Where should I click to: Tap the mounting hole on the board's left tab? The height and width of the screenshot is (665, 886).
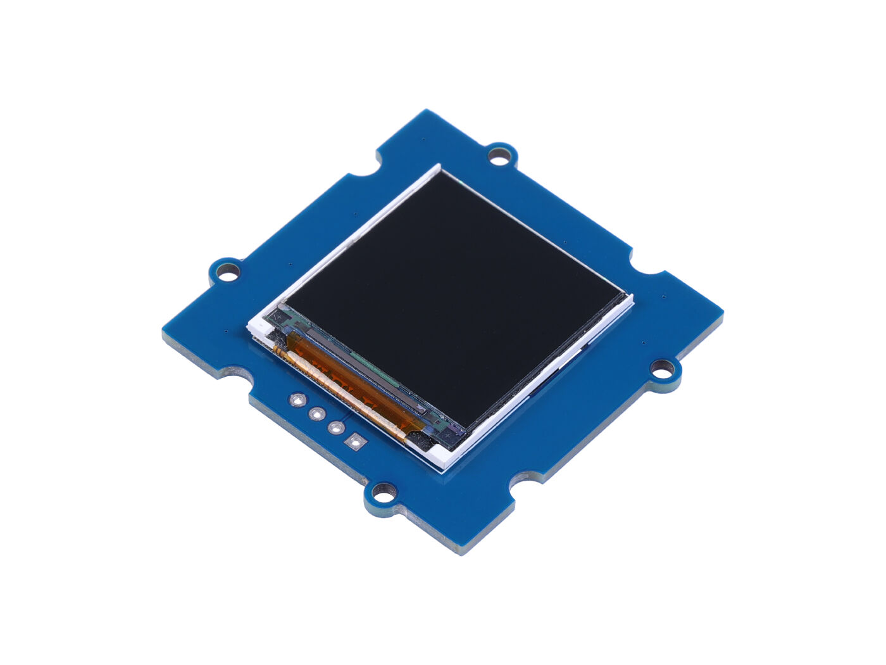[x=227, y=274]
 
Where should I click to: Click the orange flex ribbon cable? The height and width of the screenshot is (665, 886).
[x=345, y=386]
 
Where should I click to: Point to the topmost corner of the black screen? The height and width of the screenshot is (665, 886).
[x=442, y=172]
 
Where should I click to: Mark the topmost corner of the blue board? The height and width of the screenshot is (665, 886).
[x=428, y=110]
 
